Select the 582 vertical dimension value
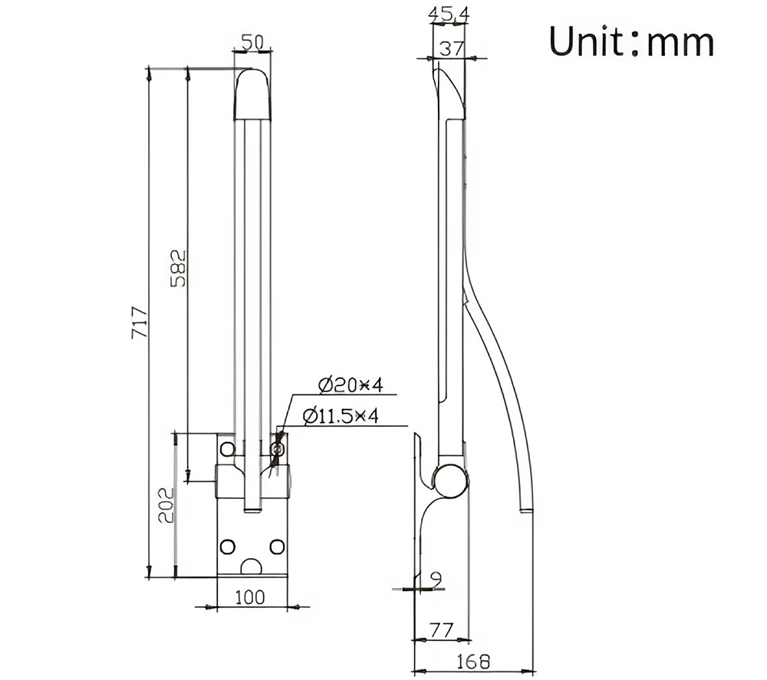178,266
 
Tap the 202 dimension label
165,504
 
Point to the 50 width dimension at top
254,43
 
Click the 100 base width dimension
250,596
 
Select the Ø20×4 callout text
349,384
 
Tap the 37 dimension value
451,48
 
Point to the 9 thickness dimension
436,576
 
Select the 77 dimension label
440,630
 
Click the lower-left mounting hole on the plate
228,546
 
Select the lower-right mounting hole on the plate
278,546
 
